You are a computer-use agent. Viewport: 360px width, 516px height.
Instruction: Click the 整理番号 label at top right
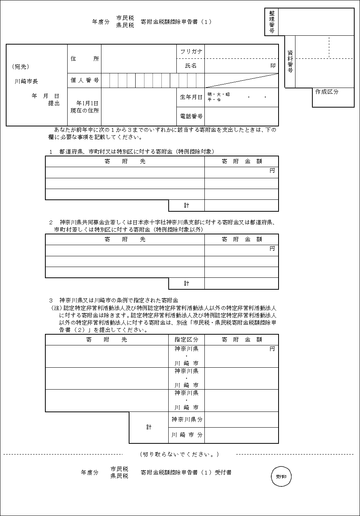[272, 22]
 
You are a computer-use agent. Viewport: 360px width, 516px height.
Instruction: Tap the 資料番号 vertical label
[290, 61]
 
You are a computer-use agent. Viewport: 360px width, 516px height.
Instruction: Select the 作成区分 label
[327, 92]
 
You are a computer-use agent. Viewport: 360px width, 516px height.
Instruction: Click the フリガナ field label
[191, 51]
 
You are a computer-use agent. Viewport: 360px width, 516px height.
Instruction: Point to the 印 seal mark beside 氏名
[273, 66]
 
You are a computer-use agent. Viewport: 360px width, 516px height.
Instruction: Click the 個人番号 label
[85, 80]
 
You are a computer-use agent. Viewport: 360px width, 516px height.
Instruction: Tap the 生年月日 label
[191, 97]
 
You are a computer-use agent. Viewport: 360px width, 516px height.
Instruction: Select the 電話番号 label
[191, 116]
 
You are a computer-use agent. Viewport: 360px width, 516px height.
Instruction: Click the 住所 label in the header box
[85, 59]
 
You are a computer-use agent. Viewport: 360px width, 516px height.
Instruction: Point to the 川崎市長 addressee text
[27, 81]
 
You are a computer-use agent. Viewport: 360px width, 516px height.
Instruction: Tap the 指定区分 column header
[186, 340]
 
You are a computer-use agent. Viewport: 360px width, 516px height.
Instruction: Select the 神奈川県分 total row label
[187, 420]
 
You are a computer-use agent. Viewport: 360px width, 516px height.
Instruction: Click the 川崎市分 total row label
[187, 435]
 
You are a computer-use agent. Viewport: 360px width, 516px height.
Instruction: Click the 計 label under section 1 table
[186, 206]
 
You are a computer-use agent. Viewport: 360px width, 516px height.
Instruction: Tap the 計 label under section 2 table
[186, 284]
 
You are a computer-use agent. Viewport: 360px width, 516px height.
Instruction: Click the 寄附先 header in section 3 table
[106, 340]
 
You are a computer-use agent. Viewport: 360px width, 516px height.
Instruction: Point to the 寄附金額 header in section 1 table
[242, 161]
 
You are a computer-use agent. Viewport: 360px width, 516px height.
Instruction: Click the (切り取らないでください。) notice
[179, 454]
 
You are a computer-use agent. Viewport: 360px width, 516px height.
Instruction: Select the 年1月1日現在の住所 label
[85, 107]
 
